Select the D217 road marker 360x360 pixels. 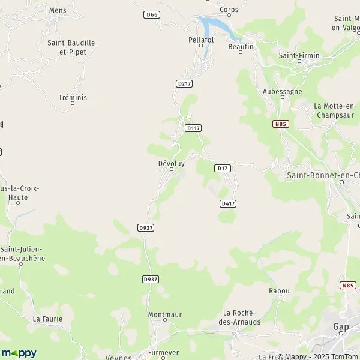click(184, 83)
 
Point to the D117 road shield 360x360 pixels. click(193, 128)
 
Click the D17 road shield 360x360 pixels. click(222, 169)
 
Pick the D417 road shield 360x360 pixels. click(227, 203)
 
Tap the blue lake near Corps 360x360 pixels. click(212, 26)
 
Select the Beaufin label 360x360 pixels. click(241, 46)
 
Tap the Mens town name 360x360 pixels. click(58, 10)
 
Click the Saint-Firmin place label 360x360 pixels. click(294, 55)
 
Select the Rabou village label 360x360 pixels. click(280, 291)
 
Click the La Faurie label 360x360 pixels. click(47, 319)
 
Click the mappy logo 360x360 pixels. click(19, 353)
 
